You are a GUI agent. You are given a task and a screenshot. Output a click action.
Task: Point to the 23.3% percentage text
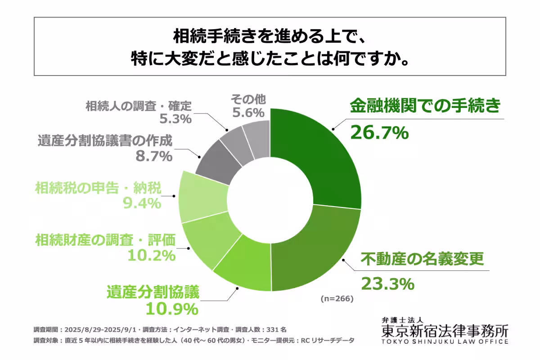387,283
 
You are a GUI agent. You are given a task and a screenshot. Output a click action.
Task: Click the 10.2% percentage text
151,256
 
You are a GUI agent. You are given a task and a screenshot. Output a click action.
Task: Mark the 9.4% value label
142,203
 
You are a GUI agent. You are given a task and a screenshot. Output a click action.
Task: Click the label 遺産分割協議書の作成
103,141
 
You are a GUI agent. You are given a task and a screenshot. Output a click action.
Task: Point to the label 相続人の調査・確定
138,107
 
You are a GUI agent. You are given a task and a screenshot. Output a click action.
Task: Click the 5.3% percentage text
175,119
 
